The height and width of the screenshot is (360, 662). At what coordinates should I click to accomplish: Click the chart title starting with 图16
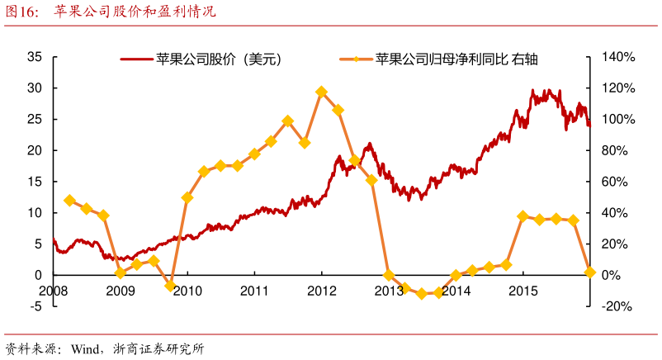[111, 12]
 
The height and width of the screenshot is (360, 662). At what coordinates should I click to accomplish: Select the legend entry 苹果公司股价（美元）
[201, 59]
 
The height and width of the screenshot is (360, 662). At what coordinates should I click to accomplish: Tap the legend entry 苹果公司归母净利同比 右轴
[446, 59]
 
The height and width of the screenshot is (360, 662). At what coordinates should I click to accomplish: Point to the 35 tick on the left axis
[34, 57]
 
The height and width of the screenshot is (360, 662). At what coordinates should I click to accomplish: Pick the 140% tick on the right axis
[617, 57]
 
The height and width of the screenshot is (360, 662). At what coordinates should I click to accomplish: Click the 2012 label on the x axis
[322, 291]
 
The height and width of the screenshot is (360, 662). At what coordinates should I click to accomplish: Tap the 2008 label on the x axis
[53, 291]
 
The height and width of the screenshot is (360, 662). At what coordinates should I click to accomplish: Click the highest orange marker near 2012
[321, 92]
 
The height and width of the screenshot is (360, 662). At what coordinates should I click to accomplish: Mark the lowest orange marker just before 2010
[170, 286]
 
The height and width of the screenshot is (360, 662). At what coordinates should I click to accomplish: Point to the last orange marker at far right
[590, 272]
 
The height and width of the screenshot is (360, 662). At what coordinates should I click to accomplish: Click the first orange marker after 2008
[69, 200]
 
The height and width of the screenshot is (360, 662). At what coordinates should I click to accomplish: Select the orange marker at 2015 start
[523, 216]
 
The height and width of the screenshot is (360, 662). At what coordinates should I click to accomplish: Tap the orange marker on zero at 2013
[389, 275]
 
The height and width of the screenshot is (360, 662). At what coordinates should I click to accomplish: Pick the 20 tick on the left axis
[34, 150]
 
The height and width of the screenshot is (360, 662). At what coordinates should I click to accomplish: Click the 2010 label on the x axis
[187, 291]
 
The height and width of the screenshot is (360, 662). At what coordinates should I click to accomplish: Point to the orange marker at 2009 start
[120, 273]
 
